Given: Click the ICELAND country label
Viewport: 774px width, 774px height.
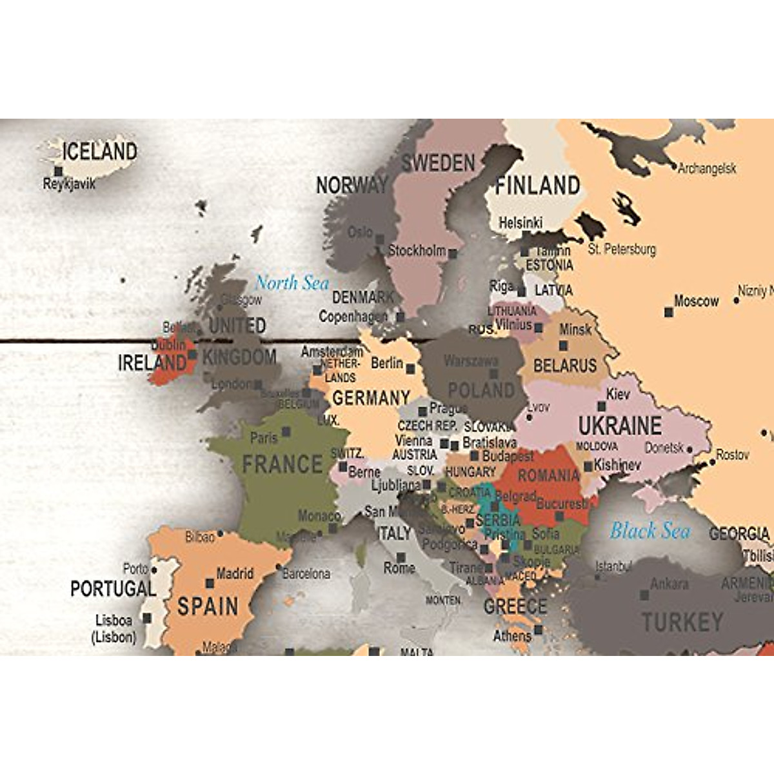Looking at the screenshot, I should (100, 152).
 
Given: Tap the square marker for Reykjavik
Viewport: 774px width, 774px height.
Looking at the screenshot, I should (59, 172).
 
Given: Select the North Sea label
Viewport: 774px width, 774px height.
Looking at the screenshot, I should (292, 283).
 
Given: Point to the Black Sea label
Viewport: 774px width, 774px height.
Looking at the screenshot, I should (650, 531).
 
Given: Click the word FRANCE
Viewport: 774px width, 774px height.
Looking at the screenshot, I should (282, 464).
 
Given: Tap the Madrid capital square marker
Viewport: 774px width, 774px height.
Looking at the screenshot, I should (210, 583).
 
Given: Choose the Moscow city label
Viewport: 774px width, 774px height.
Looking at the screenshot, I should (696, 301).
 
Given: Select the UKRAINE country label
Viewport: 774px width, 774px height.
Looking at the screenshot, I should (619, 426).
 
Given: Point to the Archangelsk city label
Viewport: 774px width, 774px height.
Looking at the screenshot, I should (707, 168).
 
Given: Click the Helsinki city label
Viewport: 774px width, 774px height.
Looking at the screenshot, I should (521, 223).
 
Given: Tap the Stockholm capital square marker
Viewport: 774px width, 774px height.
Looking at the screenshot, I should (453, 254).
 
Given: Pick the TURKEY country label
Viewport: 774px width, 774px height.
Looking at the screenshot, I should (682, 622).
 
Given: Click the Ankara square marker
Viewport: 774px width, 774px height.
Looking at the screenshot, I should (644, 595).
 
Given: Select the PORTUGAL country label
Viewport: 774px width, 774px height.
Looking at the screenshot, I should (113, 588).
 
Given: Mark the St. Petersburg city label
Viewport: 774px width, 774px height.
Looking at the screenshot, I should (621, 249).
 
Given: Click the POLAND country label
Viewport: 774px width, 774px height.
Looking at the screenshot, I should (481, 390).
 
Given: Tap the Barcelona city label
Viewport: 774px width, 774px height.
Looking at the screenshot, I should (306, 573).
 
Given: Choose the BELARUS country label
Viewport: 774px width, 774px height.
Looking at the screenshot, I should (565, 366).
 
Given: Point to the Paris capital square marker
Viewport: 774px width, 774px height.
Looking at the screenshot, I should (286, 432).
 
